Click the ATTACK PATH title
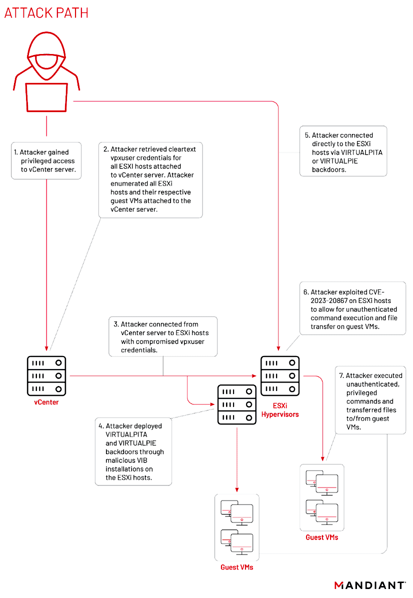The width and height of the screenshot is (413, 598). pos(46,12)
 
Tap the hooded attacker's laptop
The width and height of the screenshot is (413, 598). pos(46,97)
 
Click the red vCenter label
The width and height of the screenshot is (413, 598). pos(46,401)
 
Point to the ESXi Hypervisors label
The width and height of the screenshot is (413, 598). pos(280,409)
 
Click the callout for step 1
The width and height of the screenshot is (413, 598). pos(47,160)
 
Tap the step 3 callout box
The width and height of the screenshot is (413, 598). pos(163,336)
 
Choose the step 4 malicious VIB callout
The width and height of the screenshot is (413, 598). pos(133,451)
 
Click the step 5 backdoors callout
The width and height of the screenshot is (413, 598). pos(343,150)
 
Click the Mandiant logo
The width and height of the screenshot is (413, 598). pos(369,585)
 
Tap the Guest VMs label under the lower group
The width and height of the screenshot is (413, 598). pos(237,567)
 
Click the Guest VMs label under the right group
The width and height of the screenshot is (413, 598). pos(322,537)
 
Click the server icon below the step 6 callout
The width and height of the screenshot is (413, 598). pos(280,375)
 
